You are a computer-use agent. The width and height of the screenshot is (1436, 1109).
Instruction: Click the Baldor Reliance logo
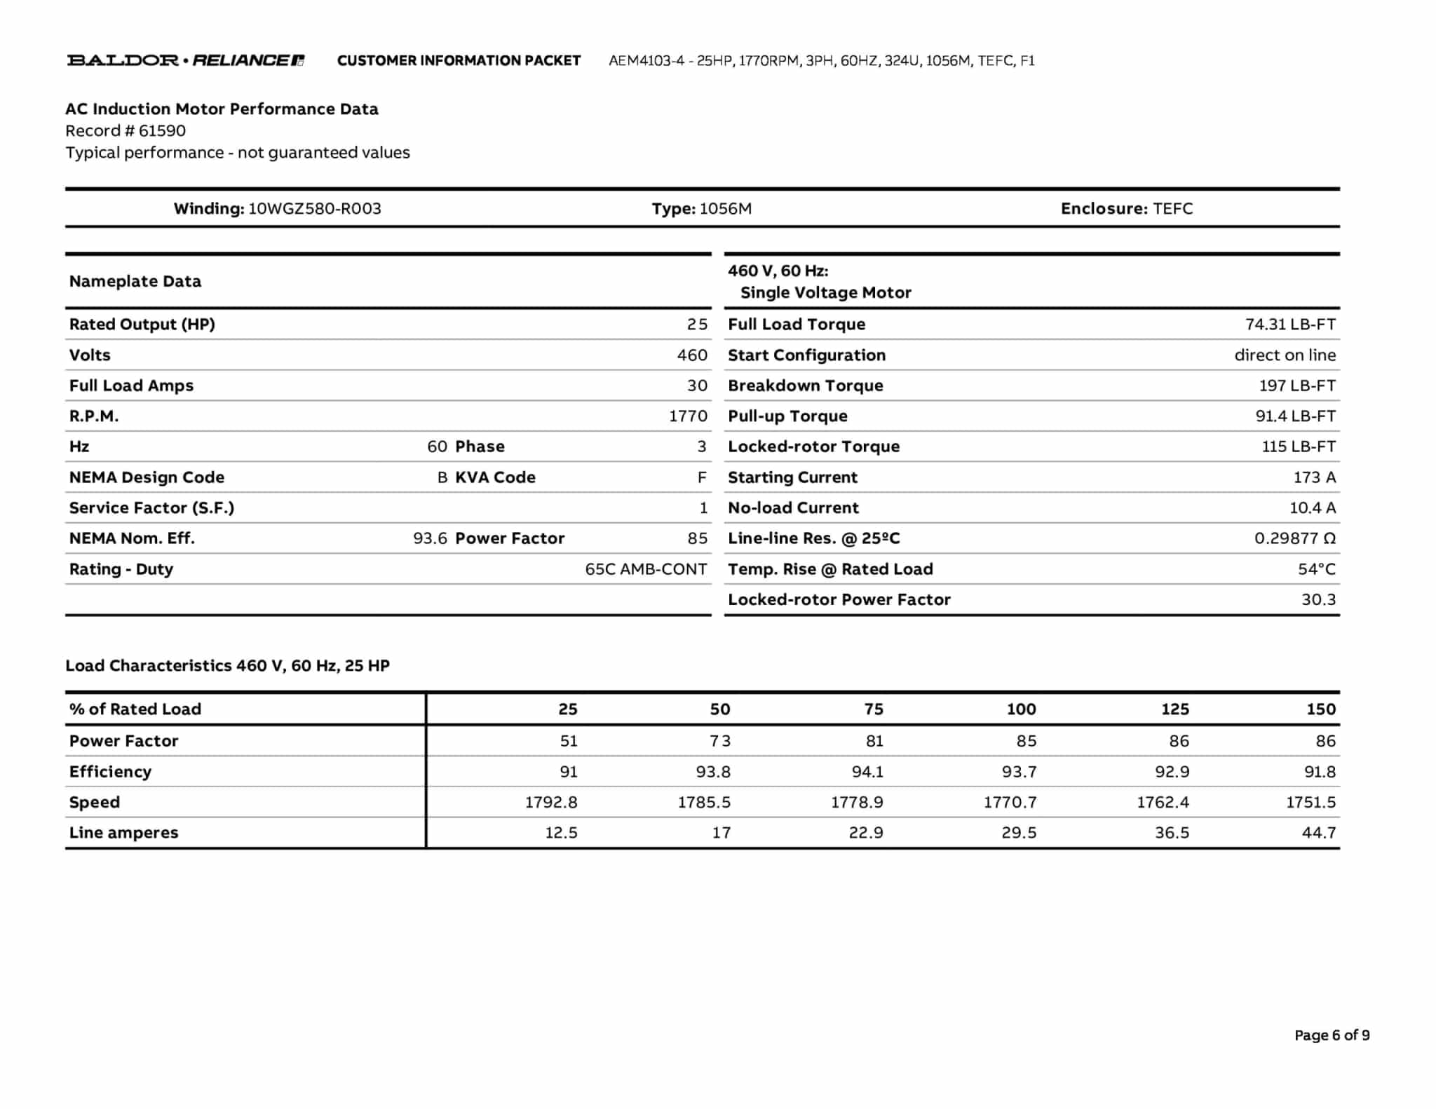point(186,60)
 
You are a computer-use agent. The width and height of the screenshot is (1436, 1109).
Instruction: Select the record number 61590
point(162,131)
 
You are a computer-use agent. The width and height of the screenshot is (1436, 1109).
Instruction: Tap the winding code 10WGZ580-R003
point(315,209)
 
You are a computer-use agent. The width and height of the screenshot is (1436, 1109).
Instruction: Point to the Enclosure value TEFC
point(1172,209)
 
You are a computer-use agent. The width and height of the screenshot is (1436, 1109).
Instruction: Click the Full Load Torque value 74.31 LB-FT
point(1290,325)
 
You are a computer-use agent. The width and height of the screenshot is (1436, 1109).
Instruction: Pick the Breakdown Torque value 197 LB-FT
point(1297,386)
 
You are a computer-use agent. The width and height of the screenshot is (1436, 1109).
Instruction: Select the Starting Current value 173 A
point(1314,477)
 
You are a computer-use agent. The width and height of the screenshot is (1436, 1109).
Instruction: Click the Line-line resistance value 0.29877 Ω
point(1294,538)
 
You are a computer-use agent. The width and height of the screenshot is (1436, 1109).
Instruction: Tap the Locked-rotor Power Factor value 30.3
point(1318,599)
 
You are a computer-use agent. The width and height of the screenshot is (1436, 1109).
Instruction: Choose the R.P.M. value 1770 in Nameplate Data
point(688,416)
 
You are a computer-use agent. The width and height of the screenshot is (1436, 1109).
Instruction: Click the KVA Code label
point(495,477)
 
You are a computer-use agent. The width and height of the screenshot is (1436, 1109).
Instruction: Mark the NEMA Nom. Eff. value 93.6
point(430,538)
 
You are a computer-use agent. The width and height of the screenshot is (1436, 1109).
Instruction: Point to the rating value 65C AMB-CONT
point(646,569)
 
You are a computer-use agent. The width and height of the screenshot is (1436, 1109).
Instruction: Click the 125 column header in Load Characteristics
point(1175,709)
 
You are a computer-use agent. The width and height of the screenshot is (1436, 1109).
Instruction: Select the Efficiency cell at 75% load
point(867,772)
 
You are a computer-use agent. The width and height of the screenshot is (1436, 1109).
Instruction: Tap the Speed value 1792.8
point(551,803)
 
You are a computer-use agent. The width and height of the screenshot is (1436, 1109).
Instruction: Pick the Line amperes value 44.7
point(1318,833)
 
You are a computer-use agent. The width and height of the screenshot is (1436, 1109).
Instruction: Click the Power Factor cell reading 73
point(720,741)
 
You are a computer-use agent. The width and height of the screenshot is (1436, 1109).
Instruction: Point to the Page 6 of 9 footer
point(1332,1035)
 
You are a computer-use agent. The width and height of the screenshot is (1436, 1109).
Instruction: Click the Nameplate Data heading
point(135,282)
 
